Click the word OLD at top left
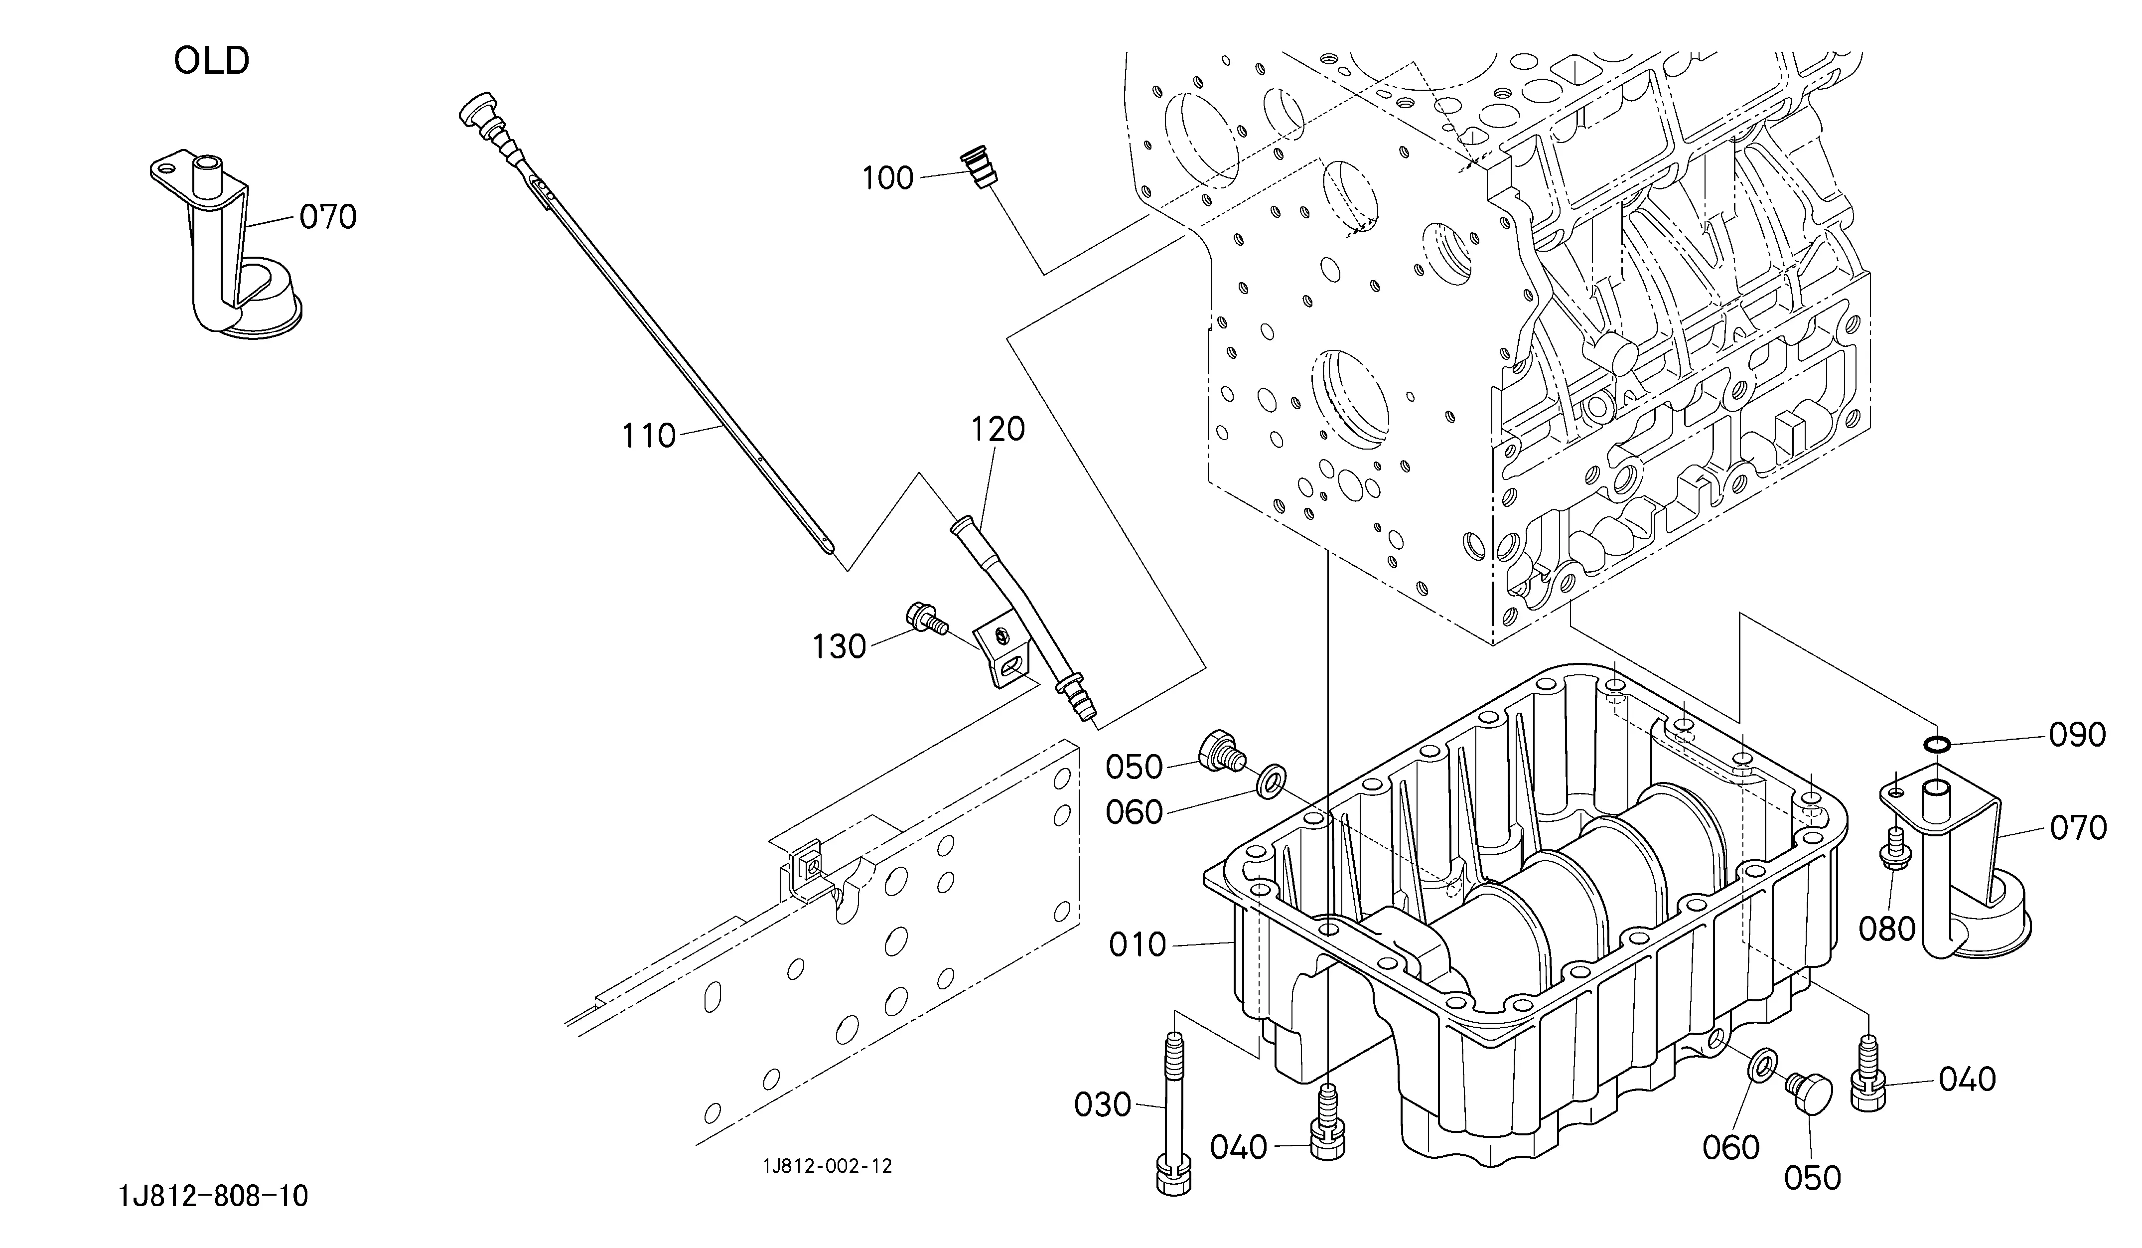(x=212, y=61)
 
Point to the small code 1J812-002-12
(x=827, y=1166)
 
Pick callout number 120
(x=998, y=429)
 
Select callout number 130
(x=839, y=647)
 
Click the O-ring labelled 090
(x=1935, y=745)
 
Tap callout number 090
(x=2077, y=735)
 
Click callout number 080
(x=1886, y=929)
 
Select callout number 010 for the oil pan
(x=1138, y=944)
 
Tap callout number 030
(x=1103, y=1105)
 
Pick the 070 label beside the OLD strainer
(x=328, y=218)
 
